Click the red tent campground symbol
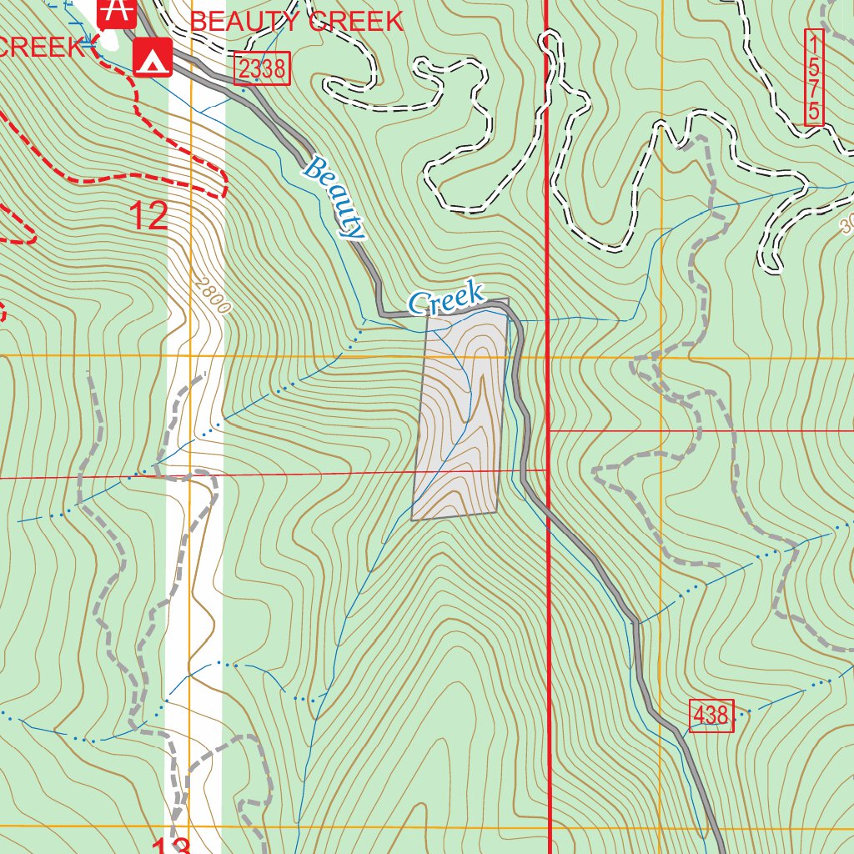(x=153, y=58)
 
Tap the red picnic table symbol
(x=116, y=12)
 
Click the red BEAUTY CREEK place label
(x=297, y=22)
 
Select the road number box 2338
(x=262, y=69)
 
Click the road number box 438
(x=711, y=715)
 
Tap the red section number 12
(x=150, y=216)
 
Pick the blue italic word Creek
(x=446, y=299)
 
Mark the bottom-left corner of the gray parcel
(x=412, y=520)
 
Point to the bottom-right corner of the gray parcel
(x=498, y=510)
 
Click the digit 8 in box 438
(x=722, y=715)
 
